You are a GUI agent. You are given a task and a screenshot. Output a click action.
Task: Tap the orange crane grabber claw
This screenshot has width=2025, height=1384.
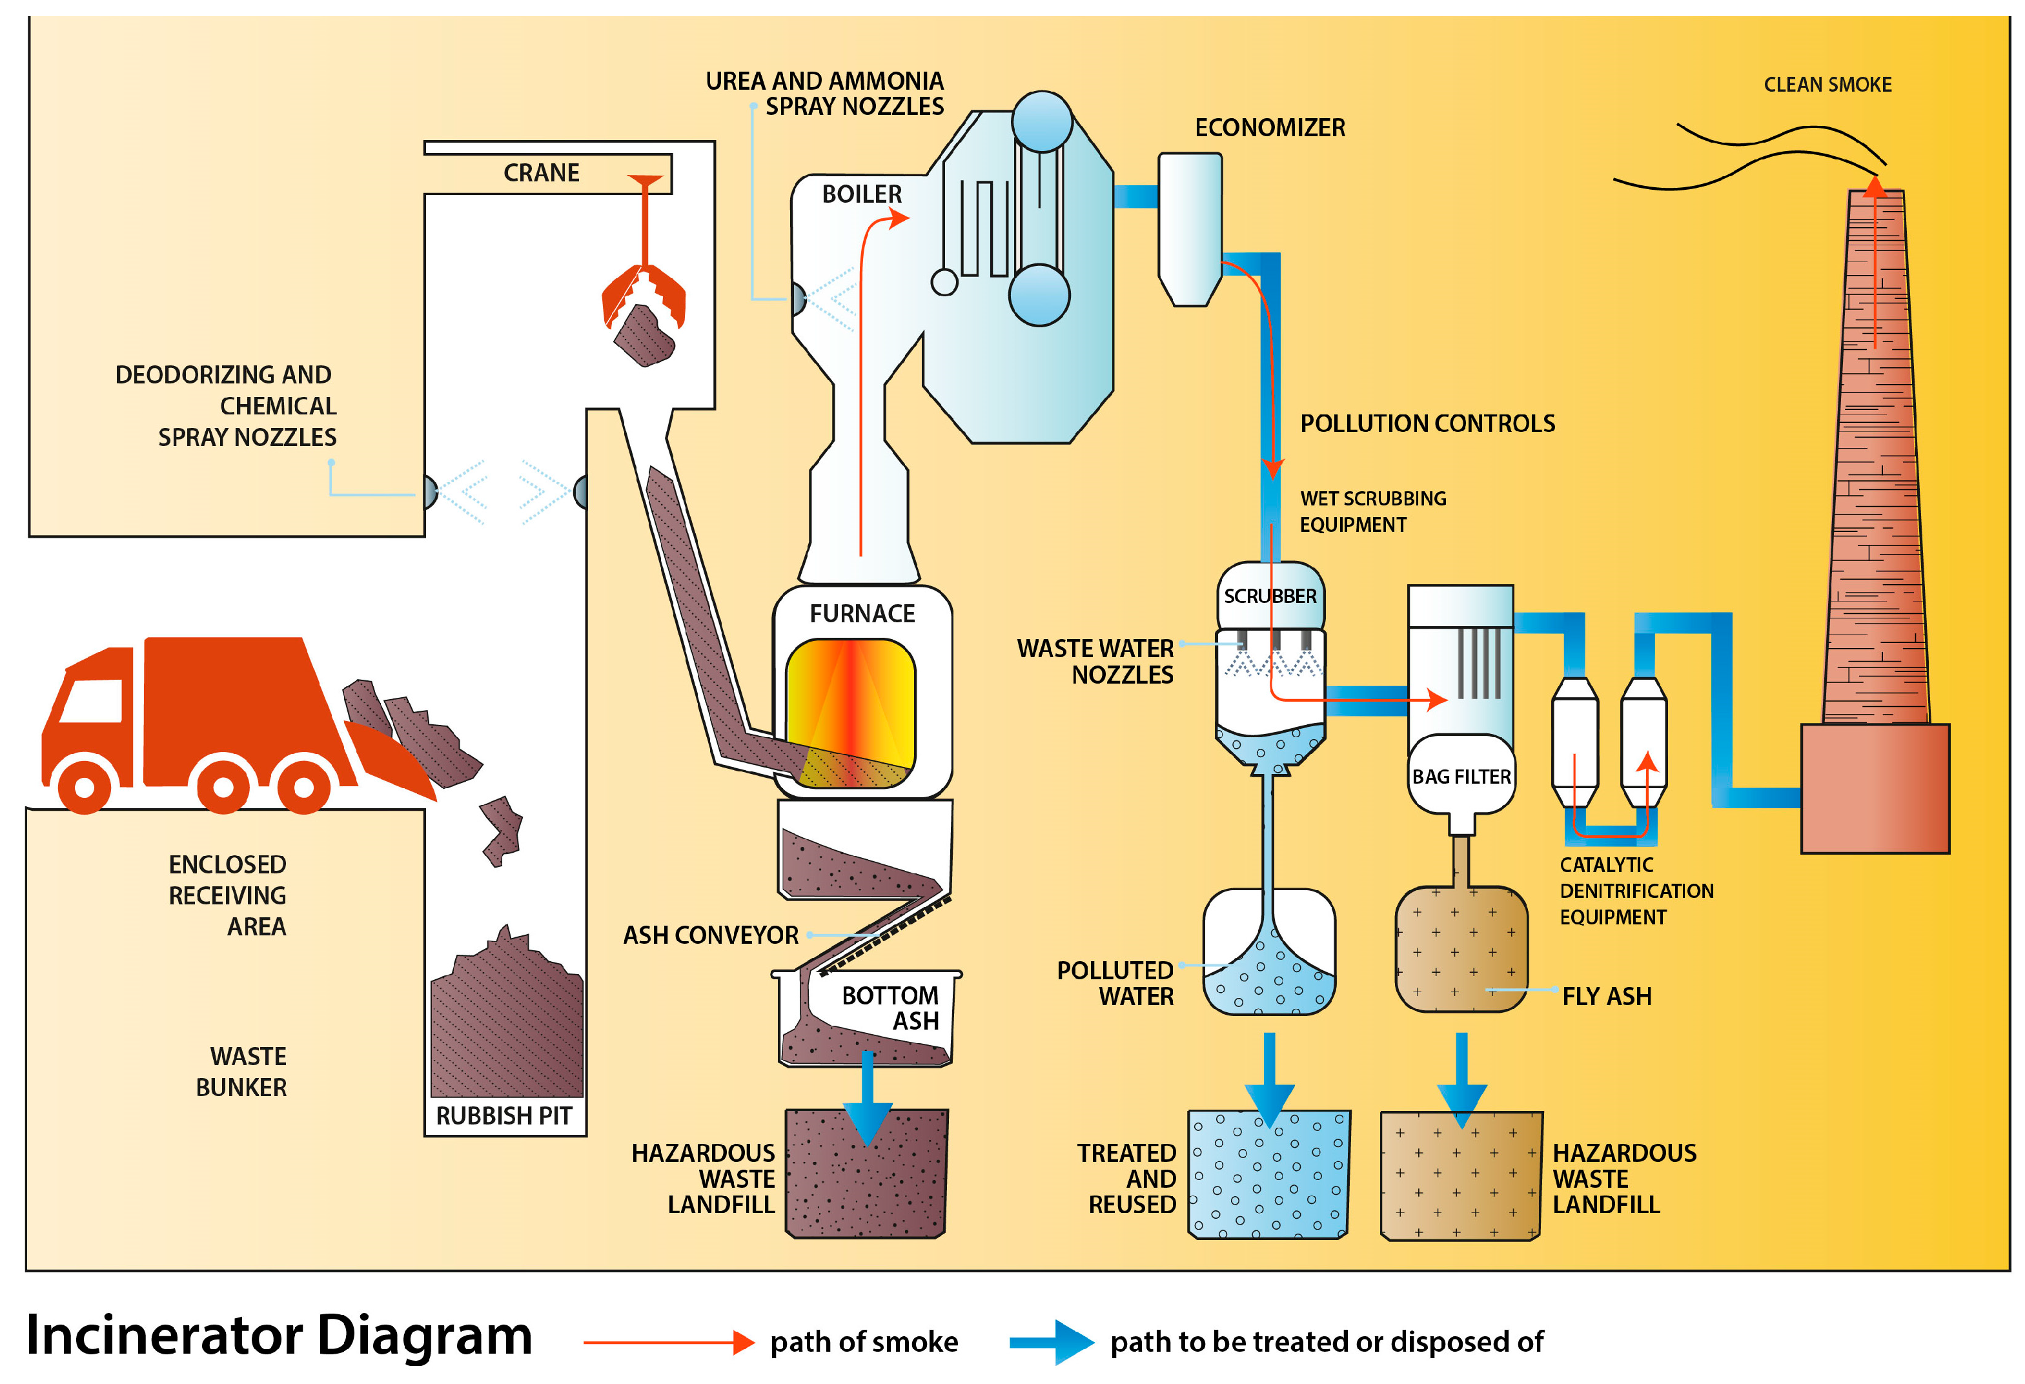click(644, 296)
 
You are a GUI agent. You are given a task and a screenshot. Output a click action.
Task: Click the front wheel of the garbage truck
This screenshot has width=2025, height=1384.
click(85, 785)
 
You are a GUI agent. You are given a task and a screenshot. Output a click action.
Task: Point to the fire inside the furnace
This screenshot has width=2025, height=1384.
click(850, 710)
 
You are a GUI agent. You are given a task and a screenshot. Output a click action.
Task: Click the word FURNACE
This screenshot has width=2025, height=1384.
click(862, 613)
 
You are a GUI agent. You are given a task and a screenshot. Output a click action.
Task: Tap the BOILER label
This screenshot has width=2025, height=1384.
click(861, 194)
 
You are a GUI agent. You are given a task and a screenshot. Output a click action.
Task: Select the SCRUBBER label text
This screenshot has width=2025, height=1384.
click(1270, 596)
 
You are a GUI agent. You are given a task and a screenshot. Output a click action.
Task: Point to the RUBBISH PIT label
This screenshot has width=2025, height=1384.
click(504, 1115)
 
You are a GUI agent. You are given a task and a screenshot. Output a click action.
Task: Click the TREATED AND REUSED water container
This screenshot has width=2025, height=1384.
click(1268, 1175)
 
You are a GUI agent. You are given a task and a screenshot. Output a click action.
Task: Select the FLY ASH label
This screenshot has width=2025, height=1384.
click(1606, 996)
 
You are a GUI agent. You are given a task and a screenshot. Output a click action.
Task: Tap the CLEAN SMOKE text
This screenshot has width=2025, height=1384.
click(1827, 85)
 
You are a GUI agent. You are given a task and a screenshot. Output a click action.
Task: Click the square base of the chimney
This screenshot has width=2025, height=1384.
click(1874, 789)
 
